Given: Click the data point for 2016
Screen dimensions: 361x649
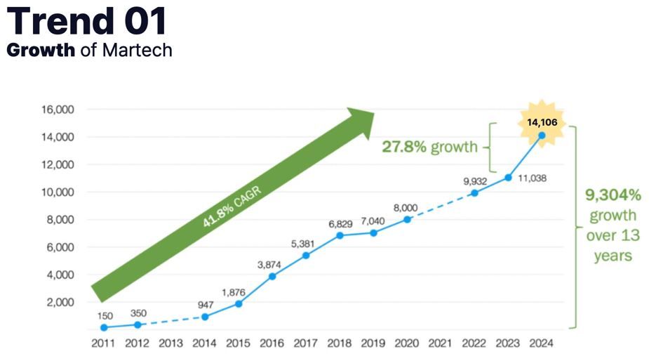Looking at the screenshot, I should coord(272,276).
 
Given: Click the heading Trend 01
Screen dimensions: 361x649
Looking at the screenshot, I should coord(88,21).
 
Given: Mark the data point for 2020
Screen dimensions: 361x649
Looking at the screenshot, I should coord(407,219).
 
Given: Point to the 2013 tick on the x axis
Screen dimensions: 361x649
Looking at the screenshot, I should coord(171,343).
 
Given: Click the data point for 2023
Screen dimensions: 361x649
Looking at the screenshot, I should coord(508,178).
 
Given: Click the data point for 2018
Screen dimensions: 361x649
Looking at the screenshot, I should coord(340,235).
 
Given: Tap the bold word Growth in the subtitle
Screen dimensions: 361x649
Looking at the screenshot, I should coord(41,51).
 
